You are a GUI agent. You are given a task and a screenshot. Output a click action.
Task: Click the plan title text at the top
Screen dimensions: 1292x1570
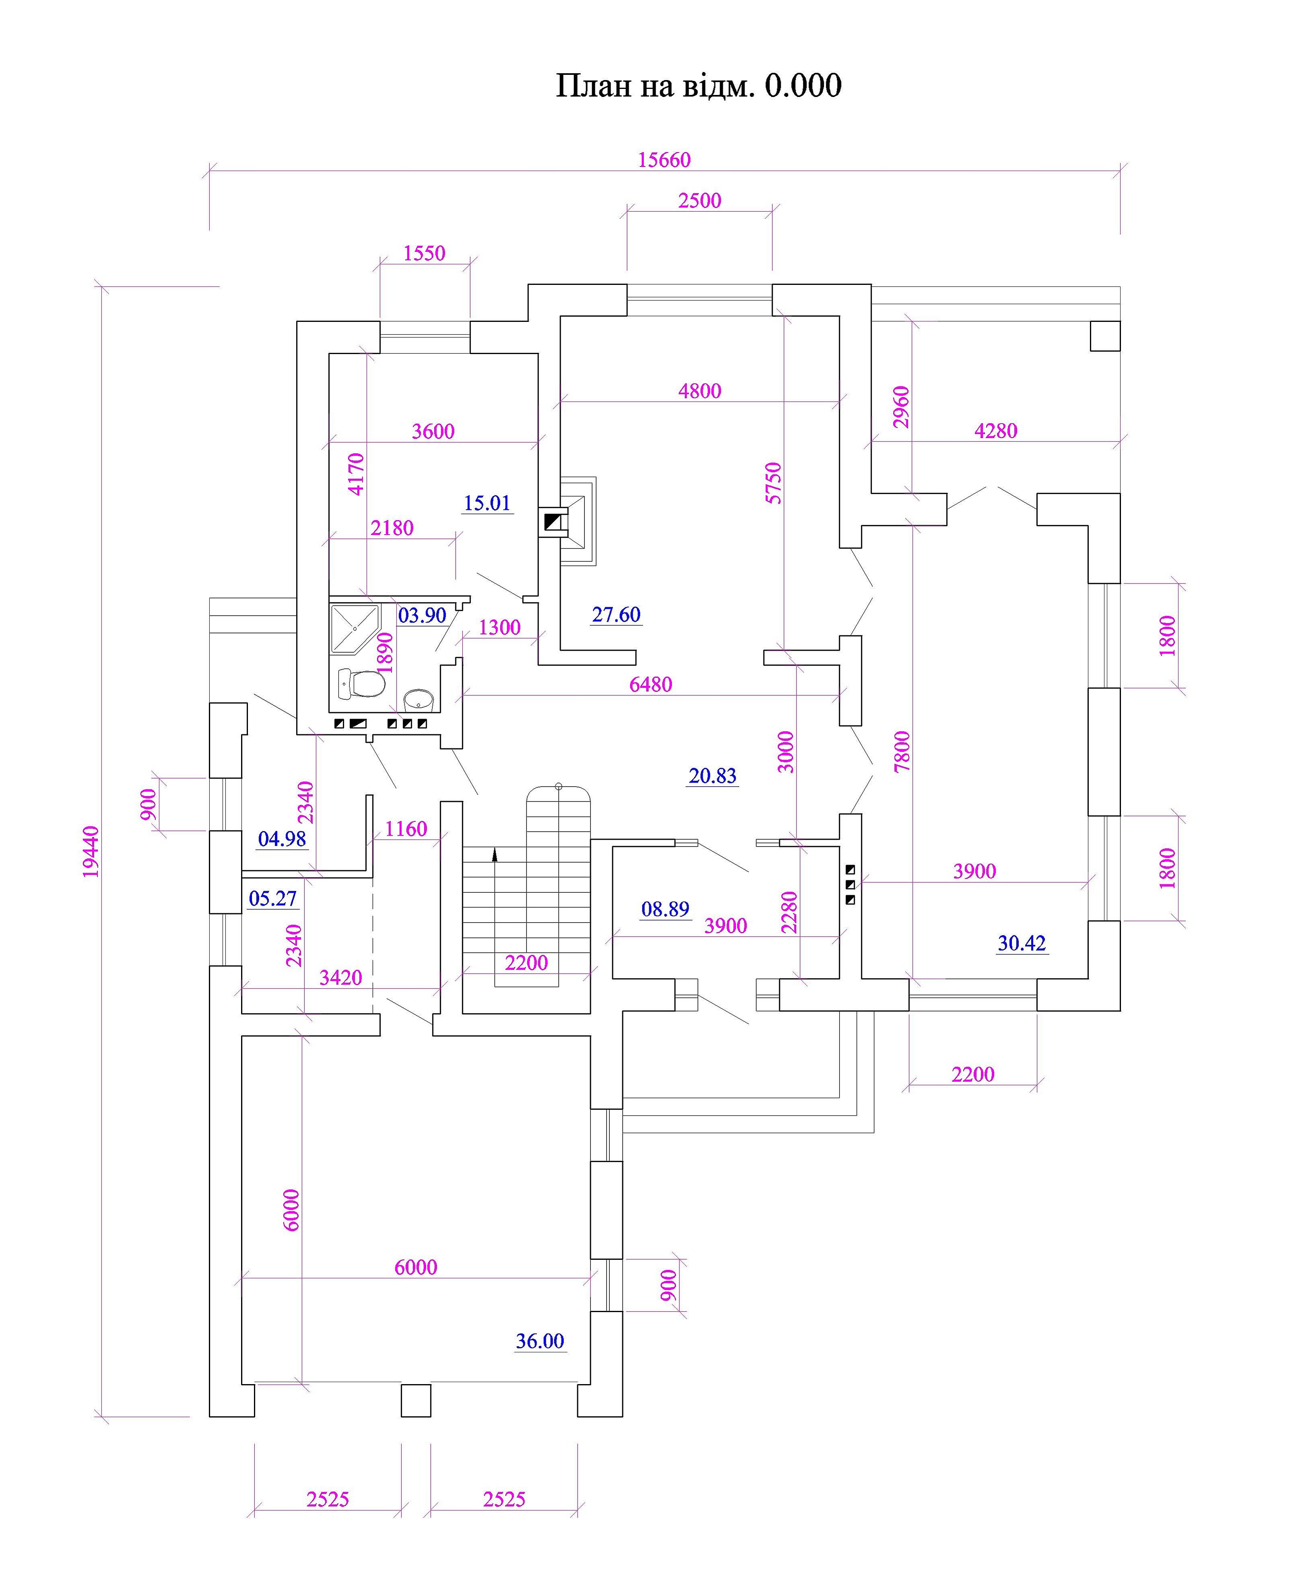[698, 86]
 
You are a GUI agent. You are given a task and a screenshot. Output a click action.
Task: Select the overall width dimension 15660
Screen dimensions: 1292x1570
[664, 160]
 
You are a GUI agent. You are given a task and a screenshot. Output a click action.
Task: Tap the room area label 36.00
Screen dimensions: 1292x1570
[540, 1341]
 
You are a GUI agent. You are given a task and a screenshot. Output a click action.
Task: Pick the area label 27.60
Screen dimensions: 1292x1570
[616, 615]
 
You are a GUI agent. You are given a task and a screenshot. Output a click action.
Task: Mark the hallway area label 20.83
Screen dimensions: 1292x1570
[712, 776]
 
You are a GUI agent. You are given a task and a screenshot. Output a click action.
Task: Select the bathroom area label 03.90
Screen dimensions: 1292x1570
[422, 615]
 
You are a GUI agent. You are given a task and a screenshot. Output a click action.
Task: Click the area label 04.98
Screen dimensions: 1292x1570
[282, 839]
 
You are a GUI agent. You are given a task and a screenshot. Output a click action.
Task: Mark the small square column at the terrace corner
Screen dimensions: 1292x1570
[1105, 336]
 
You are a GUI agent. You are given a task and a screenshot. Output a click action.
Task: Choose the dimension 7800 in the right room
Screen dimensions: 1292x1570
[902, 751]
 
